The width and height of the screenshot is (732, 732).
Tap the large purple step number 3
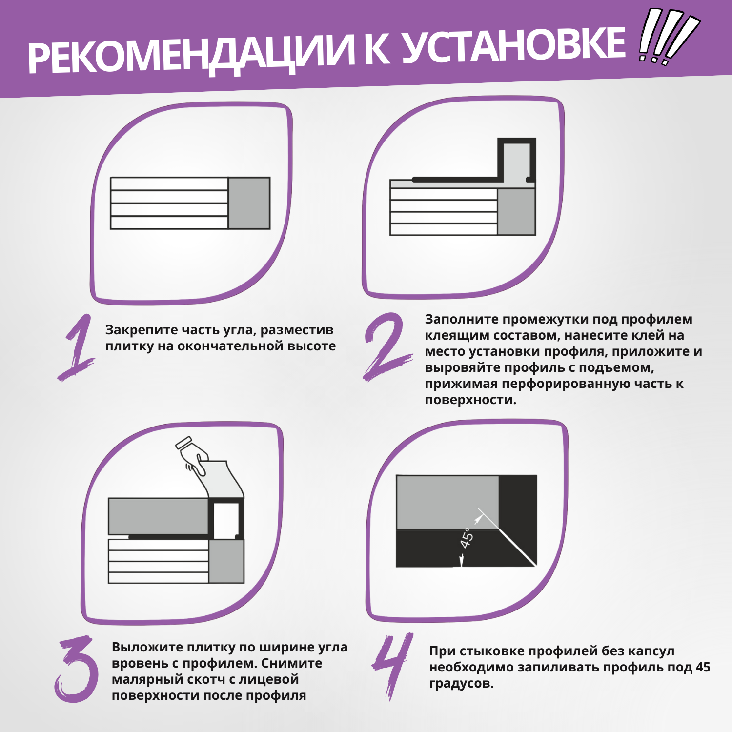[x=77, y=669]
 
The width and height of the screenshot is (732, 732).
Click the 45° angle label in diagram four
[x=467, y=538]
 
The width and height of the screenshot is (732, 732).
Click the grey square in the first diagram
[x=249, y=203]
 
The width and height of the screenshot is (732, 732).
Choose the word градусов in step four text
[x=461, y=684]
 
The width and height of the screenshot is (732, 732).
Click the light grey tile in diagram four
[x=447, y=502]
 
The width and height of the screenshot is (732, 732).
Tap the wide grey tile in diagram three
[x=158, y=516]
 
